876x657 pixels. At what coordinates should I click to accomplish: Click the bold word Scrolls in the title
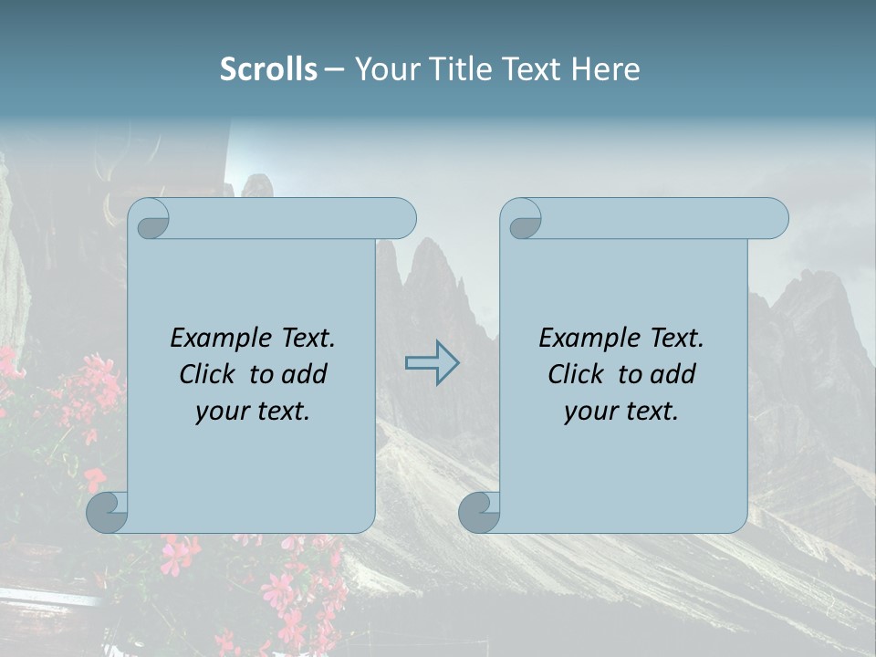[x=268, y=69]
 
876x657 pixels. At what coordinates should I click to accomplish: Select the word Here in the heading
[x=606, y=69]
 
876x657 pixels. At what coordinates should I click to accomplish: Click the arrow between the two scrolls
[x=433, y=362]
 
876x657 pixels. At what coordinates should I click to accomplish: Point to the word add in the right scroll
[x=670, y=374]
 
